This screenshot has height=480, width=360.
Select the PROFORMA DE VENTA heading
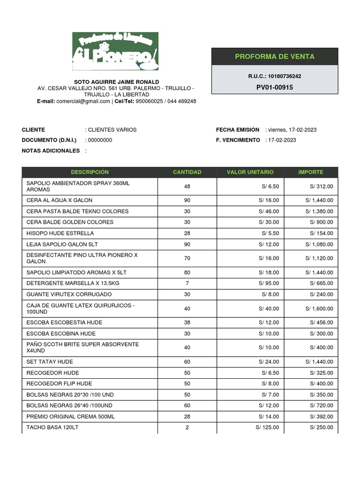[x=274, y=57]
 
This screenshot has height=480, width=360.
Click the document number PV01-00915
[x=274, y=87]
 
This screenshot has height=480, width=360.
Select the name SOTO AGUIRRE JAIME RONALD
[x=117, y=82]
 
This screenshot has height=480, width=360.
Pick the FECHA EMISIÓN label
[x=238, y=130]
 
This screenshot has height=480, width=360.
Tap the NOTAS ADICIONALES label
[x=51, y=151]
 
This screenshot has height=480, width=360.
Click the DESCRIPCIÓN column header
[x=90, y=172]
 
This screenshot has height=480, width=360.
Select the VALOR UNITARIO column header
[x=250, y=172]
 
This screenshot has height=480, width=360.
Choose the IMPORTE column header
[x=311, y=172]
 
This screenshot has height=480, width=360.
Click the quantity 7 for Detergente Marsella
[x=187, y=283]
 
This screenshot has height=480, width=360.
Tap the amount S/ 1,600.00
[x=319, y=308]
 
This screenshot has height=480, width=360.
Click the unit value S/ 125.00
[x=267, y=427]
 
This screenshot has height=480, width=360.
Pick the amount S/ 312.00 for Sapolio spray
[x=322, y=186]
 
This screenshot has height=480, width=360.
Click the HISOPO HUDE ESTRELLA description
[x=60, y=233]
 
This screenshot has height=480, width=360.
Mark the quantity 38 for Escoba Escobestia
[x=187, y=322]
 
